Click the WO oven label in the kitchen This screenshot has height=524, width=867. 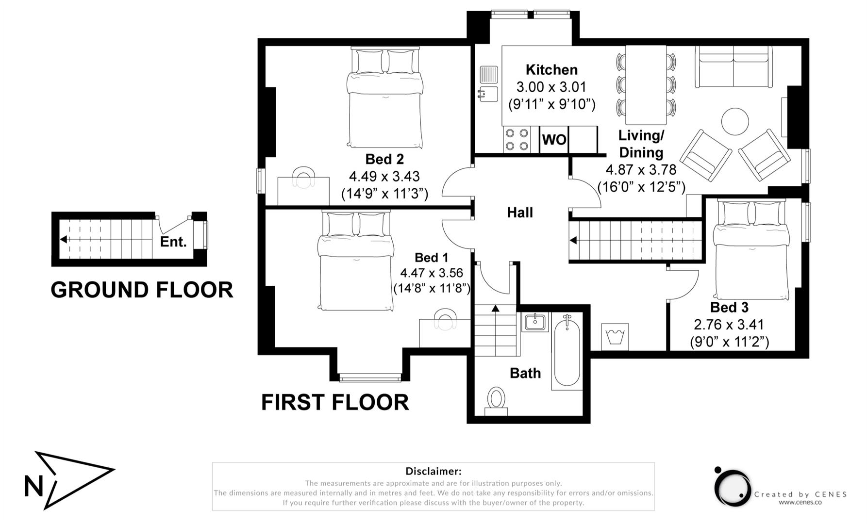[554, 140]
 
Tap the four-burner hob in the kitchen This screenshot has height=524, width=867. [517, 139]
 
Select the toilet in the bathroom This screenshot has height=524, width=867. [496, 401]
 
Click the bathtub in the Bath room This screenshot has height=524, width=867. [567, 352]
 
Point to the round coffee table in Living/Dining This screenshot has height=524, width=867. [735, 121]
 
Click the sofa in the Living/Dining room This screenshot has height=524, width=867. [734, 67]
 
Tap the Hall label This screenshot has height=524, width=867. [520, 213]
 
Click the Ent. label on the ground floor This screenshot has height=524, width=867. [173, 242]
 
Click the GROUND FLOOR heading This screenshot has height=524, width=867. [142, 290]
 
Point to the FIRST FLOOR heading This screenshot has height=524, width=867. [335, 403]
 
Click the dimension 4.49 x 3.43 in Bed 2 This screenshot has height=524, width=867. [384, 176]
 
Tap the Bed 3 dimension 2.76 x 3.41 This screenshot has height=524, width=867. [729, 325]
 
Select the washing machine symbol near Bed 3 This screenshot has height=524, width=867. [615, 337]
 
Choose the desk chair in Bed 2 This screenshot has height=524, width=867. [303, 177]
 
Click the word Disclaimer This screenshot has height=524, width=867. [433, 471]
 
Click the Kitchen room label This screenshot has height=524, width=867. [551, 70]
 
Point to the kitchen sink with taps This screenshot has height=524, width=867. [488, 84]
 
